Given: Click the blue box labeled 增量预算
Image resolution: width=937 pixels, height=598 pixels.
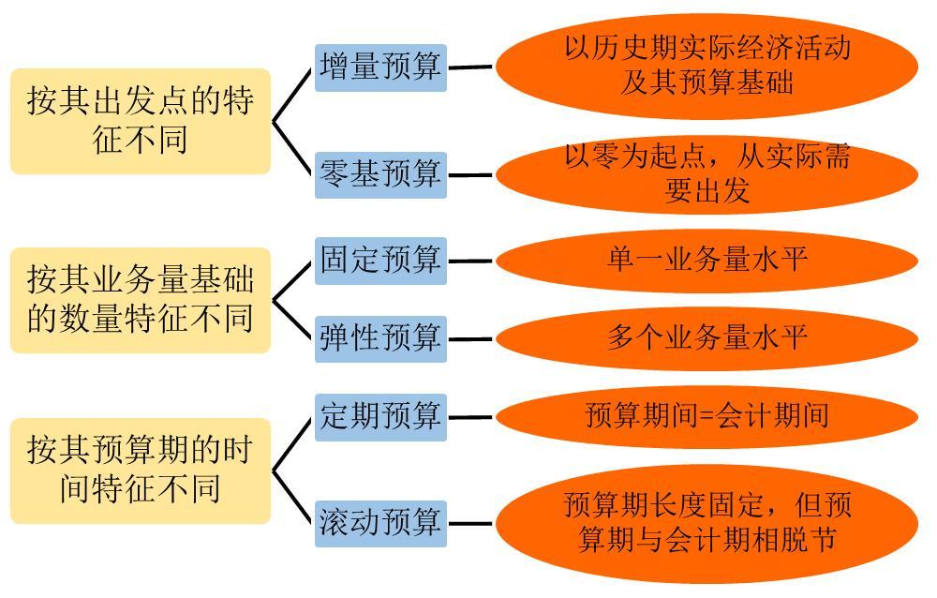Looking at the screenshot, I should click(x=380, y=67).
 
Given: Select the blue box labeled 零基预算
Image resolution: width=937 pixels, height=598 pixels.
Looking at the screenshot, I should click(x=380, y=174).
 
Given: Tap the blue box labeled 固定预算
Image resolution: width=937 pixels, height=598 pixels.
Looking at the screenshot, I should click(x=380, y=261).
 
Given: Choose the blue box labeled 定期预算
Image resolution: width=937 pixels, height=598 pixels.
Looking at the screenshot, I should click(x=380, y=416).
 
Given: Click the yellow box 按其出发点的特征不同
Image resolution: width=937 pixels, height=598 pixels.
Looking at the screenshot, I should click(x=141, y=121).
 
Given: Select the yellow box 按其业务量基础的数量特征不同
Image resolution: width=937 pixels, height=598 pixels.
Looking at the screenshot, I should click(x=141, y=300).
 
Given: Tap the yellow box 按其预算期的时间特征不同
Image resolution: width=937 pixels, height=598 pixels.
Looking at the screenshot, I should click(x=141, y=470).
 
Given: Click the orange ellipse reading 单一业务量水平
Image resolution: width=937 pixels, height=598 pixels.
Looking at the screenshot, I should click(x=706, y=260).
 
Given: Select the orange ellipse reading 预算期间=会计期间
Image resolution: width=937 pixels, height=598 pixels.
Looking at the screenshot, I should click(x=706, y=416).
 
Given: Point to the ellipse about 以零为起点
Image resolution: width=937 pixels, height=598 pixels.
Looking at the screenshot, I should click(x=706, y=174).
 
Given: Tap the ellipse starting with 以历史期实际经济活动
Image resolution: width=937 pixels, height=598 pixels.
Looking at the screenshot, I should click(x=706, y=66).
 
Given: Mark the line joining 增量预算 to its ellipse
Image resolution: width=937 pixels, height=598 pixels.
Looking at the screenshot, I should click(x=470, y=67).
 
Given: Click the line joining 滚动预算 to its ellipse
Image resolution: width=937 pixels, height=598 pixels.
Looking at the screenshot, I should click(x=470, y=524).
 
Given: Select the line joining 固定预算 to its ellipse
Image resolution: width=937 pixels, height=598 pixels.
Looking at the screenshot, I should click(x=470, y=262).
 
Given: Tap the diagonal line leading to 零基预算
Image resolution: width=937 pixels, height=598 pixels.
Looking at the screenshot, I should click(x=293, y=148).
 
